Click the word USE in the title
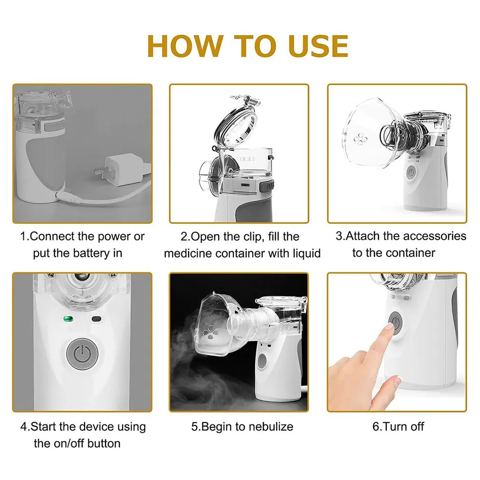click(x=318, y=46)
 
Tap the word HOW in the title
click(x=184, y=46)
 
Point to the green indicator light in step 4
click(x=68, y=319)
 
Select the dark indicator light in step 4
click(x=96, y=319)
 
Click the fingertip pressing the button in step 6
click(x=389, y=326)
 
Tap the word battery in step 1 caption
click(x=87, y=253)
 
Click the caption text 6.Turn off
click(x=398, y=426)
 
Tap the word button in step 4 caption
click(x=104, y=443)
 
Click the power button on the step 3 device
click(x=411, y=173)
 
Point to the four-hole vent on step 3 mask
click(x=360, y=139)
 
